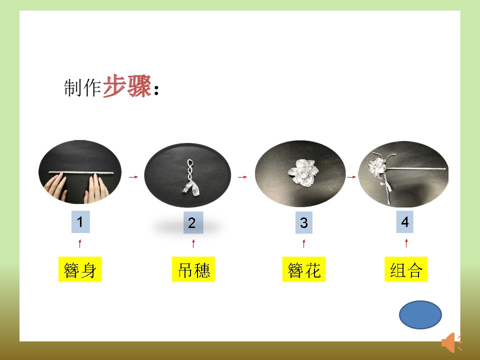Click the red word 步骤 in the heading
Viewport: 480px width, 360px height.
[x=126, y=86]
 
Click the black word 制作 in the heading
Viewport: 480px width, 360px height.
[x=82, y=87]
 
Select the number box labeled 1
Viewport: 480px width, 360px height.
[x=80, y=222]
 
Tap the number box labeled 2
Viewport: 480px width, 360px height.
[x=193, y=222]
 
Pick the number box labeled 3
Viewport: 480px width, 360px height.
[x=303, y=222]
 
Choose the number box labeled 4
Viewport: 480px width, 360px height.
[x=404, y=222]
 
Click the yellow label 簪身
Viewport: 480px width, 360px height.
[x=80, y=269]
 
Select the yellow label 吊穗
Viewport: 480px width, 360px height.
[x=193, y=269]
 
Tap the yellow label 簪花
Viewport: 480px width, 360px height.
[x=303, y=269]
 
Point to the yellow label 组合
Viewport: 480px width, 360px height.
[x=406, y=269]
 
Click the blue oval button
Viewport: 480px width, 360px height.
[x=420, y=314]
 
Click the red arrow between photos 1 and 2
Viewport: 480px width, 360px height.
[x=133, y=177]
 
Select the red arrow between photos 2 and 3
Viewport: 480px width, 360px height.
[x=242, y=177]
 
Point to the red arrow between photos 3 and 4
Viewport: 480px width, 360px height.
[x=351, y=177]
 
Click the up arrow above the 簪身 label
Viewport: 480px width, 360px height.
[x=80, y=243]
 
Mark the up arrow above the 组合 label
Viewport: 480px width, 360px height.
[x=406, y=243]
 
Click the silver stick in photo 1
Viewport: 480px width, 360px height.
[x=81, y=172]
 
